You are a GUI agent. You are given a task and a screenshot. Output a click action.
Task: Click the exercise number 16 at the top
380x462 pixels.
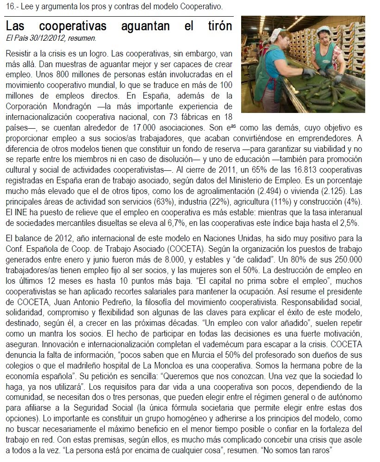10,7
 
